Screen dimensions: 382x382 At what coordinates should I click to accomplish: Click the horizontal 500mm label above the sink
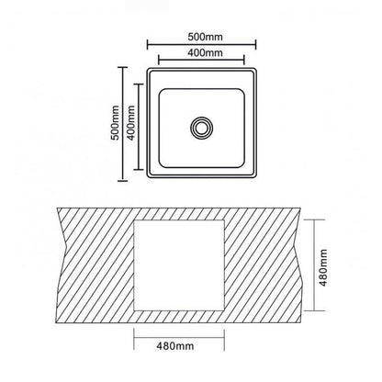205,37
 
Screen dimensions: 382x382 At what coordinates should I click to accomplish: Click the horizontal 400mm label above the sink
205,53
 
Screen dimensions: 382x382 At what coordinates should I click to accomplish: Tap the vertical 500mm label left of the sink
115,123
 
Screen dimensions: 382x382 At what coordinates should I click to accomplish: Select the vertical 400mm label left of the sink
131,123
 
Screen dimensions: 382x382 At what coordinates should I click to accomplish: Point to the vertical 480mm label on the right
323,268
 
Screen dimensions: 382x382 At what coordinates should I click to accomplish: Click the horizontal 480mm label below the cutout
175,346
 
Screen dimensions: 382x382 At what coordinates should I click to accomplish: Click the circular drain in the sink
201,128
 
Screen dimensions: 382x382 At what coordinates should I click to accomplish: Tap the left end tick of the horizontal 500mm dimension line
148,45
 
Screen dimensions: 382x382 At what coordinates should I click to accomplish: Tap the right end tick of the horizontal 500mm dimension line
255,45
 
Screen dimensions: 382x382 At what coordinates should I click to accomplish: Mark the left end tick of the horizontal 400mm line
159,60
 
